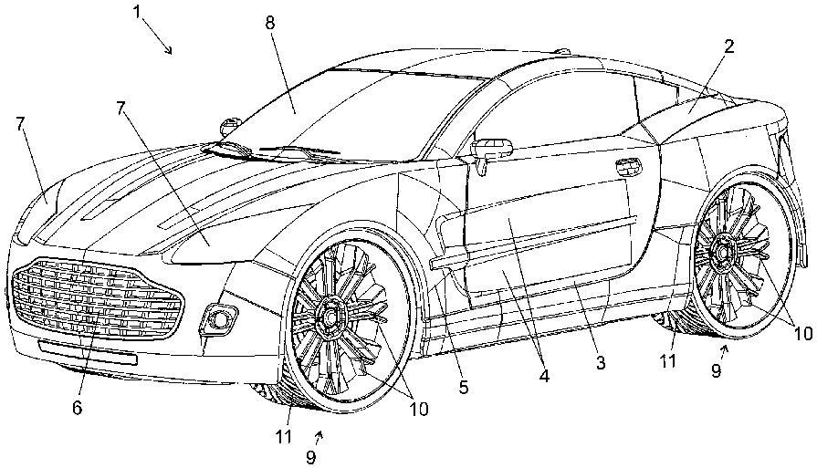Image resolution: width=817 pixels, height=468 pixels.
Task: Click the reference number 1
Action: pos(138,12)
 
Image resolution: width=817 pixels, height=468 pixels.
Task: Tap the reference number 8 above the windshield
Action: pos(270,23)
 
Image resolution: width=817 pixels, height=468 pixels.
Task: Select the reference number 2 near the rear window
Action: pos(729,47)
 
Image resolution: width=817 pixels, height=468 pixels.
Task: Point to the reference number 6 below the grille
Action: pos(77,408)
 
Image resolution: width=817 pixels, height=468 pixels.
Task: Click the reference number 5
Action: pos(463,387)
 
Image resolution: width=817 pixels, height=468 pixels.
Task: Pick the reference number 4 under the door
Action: pos(544,376)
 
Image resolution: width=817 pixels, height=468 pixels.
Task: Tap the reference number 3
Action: pos(601,362)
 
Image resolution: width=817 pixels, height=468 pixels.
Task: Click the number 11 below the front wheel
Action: pos(284,437)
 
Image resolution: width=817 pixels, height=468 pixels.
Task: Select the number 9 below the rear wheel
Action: pos(716,370)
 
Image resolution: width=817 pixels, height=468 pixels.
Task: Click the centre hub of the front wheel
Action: pos(330,315)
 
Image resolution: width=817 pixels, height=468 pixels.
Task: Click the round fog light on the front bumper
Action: pos(219,318)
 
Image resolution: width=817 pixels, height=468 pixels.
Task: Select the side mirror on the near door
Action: pos(491,150)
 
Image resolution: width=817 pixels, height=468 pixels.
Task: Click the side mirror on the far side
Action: pos(228,125)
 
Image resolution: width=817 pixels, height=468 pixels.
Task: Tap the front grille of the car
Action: pos(97,298)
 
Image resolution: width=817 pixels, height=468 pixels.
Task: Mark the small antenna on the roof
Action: pos(562,51)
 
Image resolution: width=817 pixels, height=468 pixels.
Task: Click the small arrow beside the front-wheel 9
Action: pos(319,435)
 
